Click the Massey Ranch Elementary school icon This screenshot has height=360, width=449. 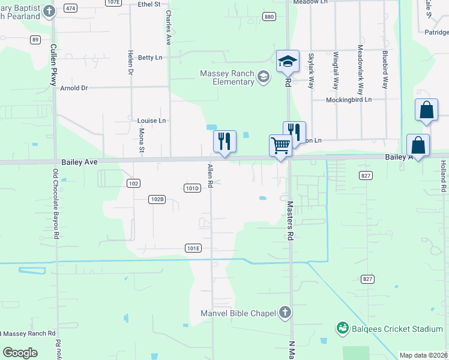263,76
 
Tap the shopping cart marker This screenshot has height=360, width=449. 280,145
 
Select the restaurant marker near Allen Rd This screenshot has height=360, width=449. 224,142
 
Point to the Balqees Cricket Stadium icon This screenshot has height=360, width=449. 343,328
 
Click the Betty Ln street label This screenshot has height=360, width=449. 150,58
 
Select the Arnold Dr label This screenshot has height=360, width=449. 74,88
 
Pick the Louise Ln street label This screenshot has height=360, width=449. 151,121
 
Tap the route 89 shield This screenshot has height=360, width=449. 35,40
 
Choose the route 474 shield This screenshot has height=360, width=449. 71,8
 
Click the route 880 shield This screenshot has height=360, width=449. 269,16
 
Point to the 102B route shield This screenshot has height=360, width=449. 157,199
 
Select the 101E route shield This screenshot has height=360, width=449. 193,248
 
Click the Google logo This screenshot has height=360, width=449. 20,352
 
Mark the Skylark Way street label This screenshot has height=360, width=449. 311,71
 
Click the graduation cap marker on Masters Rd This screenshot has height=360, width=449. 288,61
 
